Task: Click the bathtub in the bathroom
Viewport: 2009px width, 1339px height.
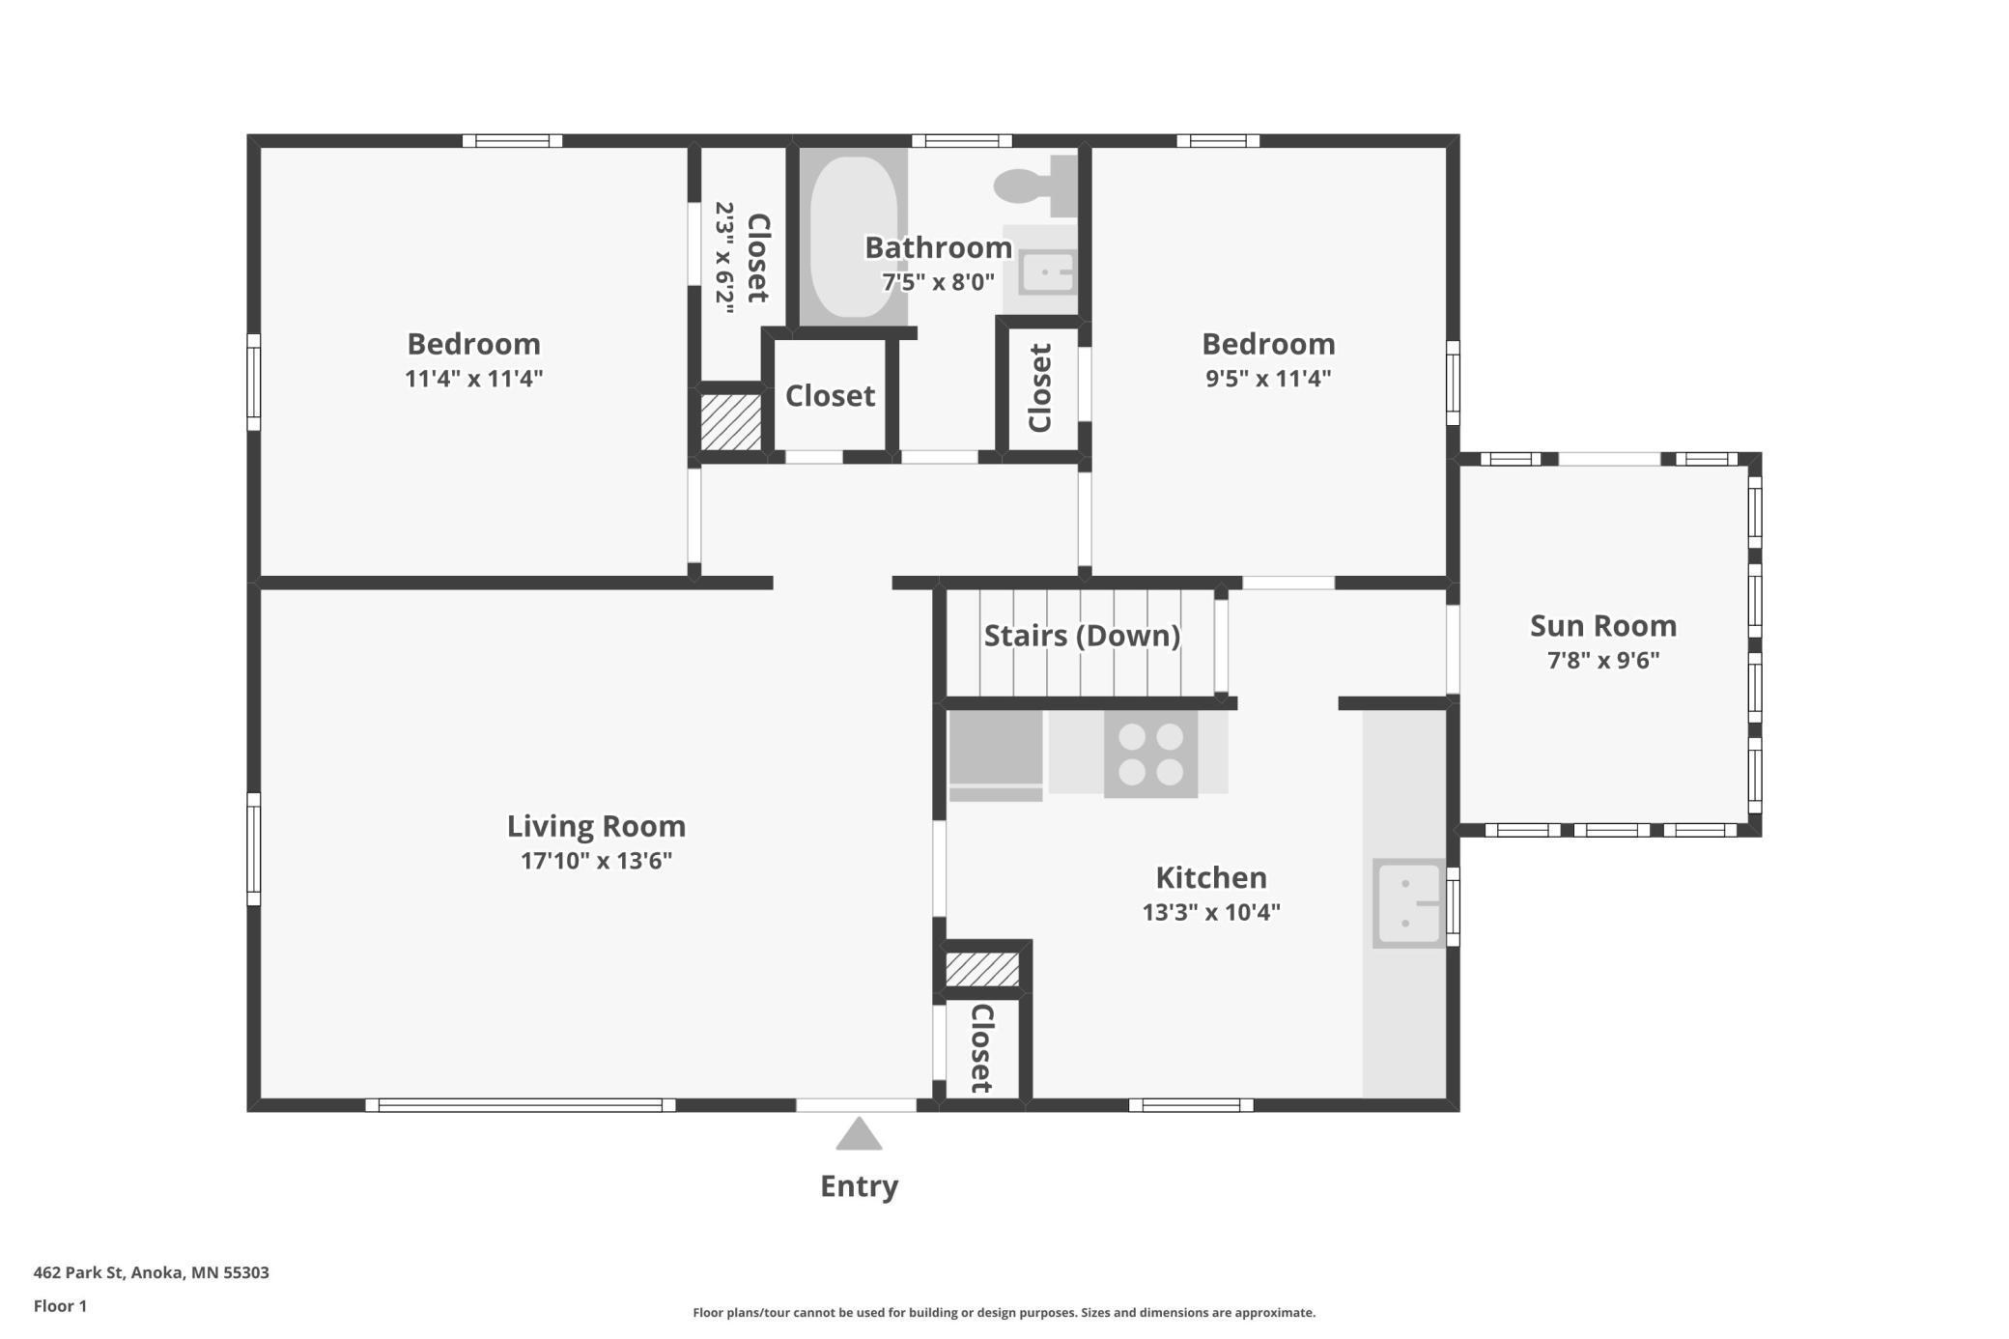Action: click(852, 237)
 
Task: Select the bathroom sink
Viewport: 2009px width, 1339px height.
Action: click(1047, 271)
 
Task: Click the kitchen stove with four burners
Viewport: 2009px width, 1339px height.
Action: click(1150, 754)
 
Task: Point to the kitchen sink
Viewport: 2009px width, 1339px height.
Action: click(1408, 903)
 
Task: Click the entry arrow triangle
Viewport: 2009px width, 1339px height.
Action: click(859, 1135)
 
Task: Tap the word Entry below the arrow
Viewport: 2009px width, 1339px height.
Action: click(859, 1185)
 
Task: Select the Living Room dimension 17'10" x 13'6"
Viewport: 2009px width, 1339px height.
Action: click(596, 860)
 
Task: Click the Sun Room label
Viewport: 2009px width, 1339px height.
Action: click(1602, 626)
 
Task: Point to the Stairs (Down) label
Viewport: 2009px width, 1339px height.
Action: click(1082, 636)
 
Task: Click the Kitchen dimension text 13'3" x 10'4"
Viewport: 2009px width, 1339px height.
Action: click(1210, 911)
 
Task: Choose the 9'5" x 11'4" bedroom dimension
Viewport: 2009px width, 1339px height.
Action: click(1267, 378)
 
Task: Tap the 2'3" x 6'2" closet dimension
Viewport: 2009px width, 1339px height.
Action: click(724, 257)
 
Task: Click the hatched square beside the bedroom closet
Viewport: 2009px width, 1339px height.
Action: click(730, 421)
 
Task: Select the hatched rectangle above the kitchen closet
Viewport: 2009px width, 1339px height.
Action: click(981, 969)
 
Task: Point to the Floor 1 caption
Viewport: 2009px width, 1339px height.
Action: click(60, 1306)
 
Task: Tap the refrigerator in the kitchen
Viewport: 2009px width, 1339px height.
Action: click(995, 754)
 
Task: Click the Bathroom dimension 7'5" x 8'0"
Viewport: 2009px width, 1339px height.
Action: click(937, 282)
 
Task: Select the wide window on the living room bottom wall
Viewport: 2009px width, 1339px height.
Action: click(520, 1105)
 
